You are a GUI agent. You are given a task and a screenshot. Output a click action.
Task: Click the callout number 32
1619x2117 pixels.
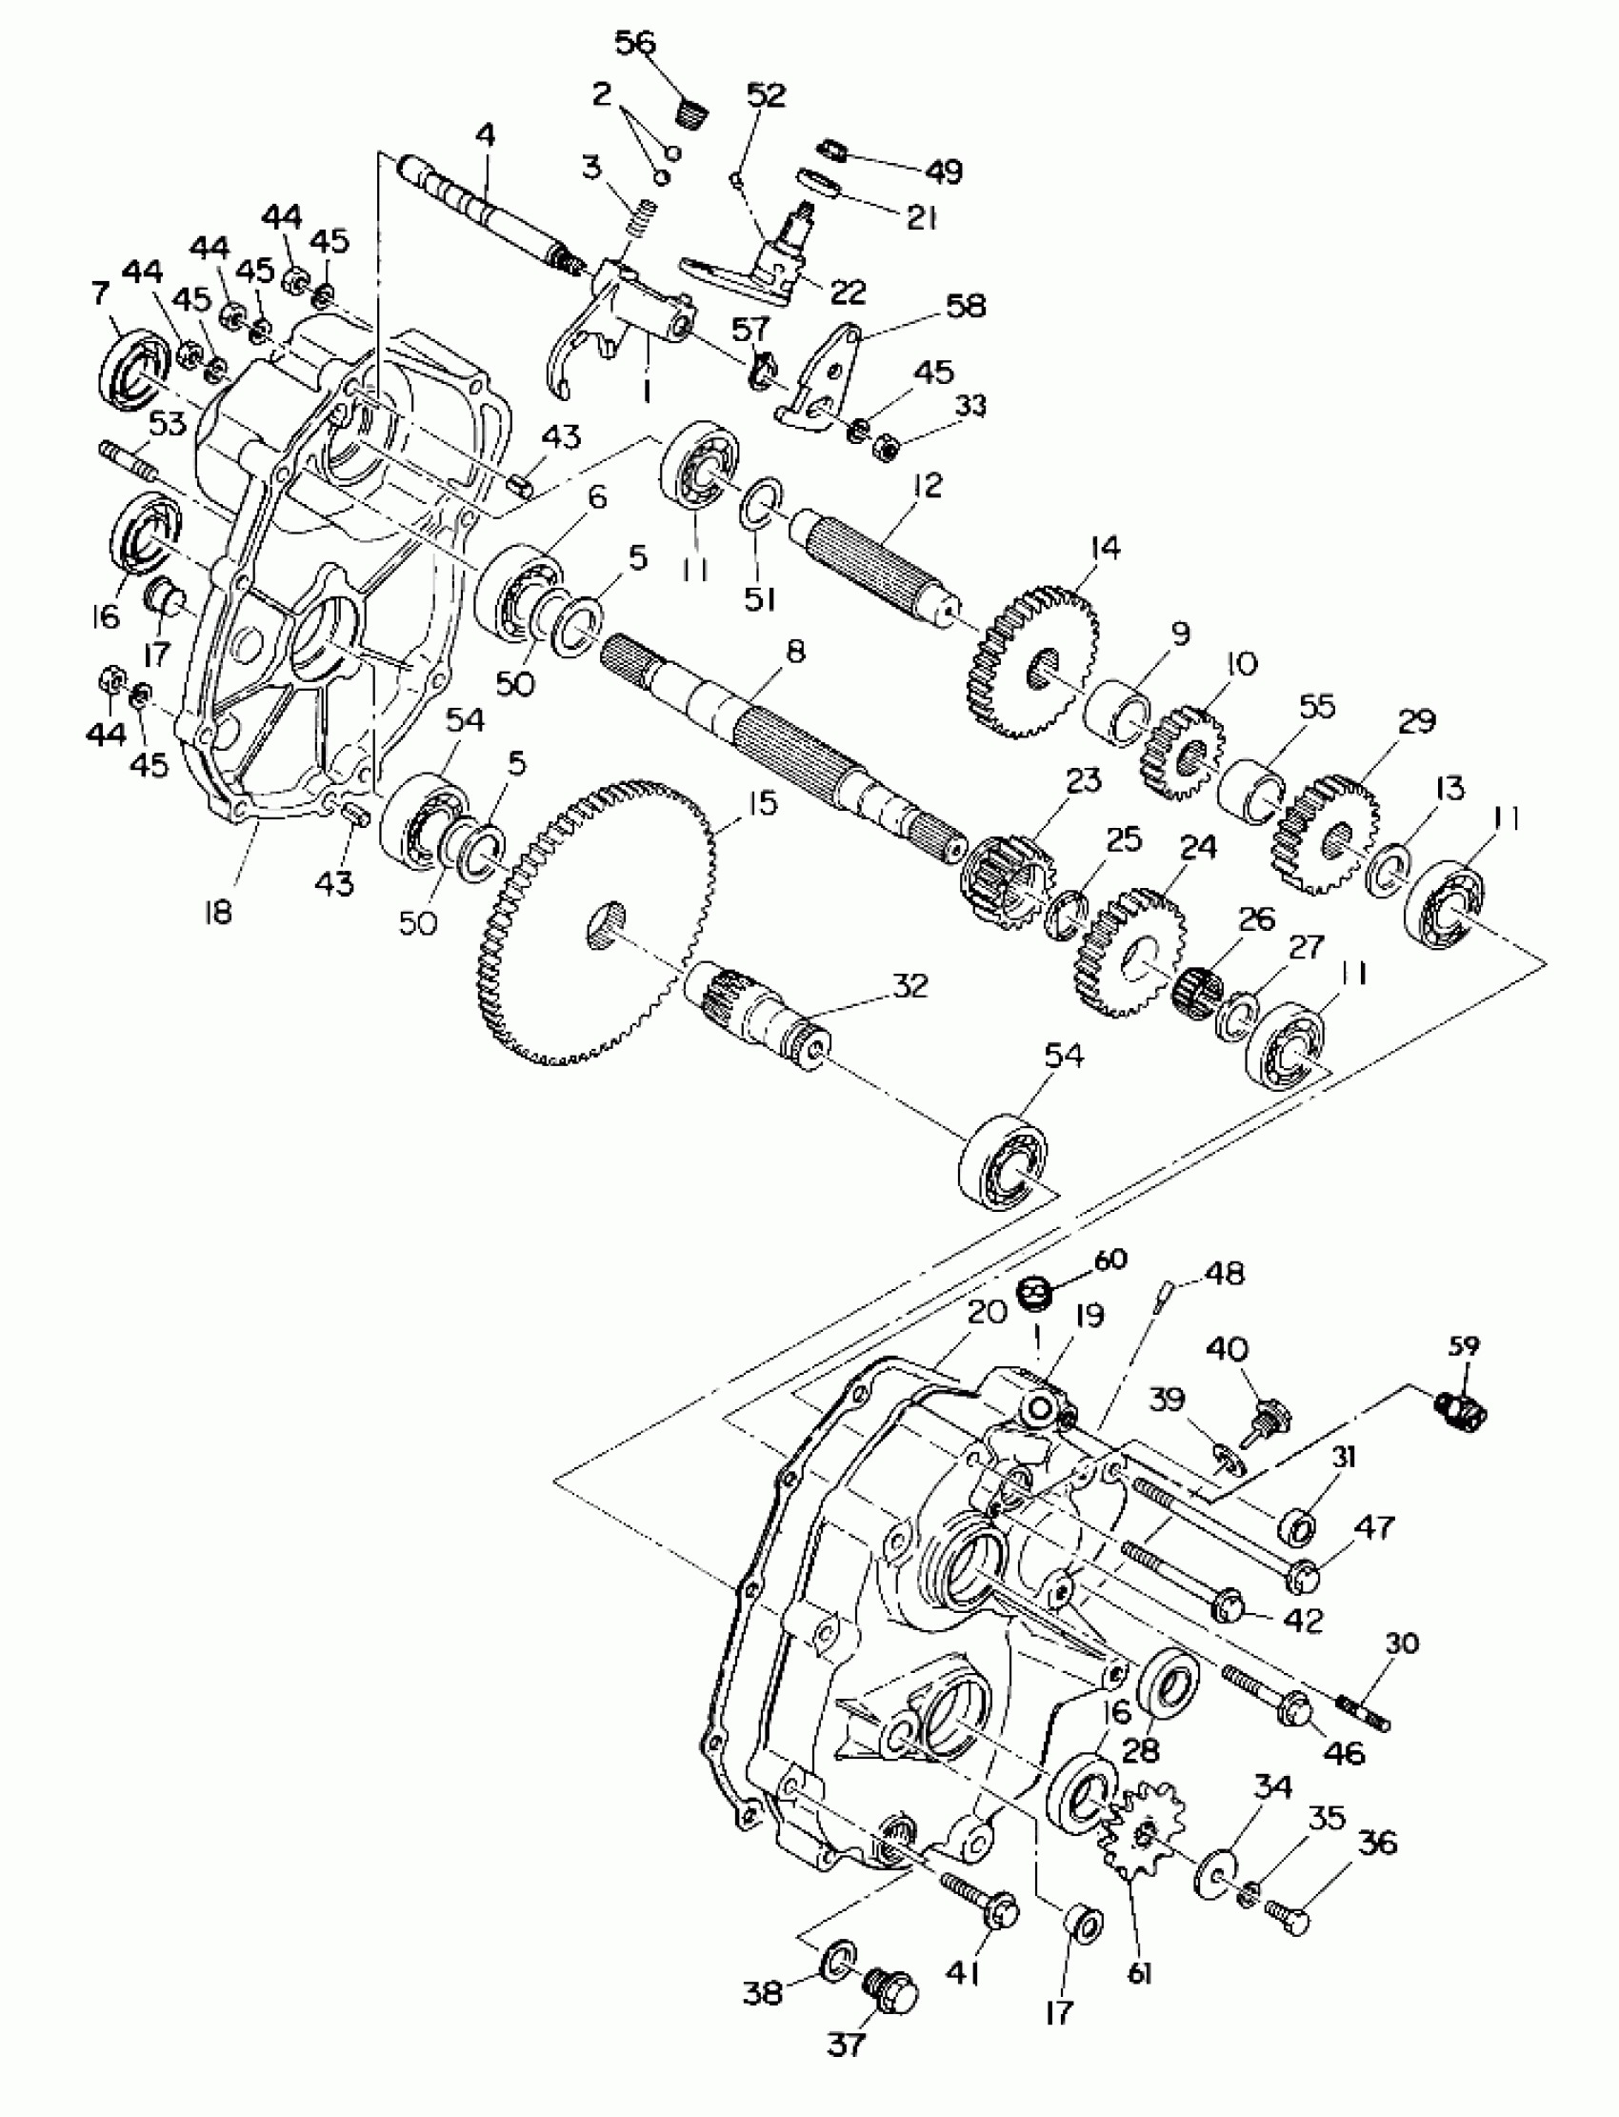tap(909, 985)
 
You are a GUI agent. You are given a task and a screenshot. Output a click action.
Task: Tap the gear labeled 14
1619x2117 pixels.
tap(1031, 665)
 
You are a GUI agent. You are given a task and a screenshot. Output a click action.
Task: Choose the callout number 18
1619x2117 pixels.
tap(219, 912)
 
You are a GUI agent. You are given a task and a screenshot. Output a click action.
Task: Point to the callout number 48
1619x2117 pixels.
tap(1224, 1274)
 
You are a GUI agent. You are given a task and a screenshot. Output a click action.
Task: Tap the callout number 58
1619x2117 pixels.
tap(966, 307)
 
